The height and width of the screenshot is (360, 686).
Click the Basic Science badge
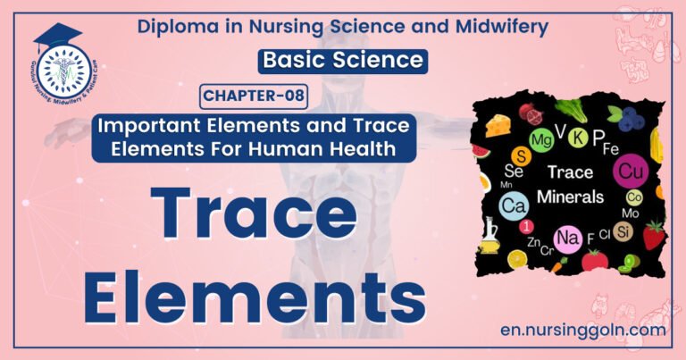tap(343, 61)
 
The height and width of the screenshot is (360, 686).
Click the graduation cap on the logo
tap(54, 38)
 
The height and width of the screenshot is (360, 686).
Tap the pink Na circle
tap(569, 239)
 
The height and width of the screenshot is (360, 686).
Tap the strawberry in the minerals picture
tap(654, 236)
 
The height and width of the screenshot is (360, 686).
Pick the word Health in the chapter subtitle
tap(364, 149)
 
